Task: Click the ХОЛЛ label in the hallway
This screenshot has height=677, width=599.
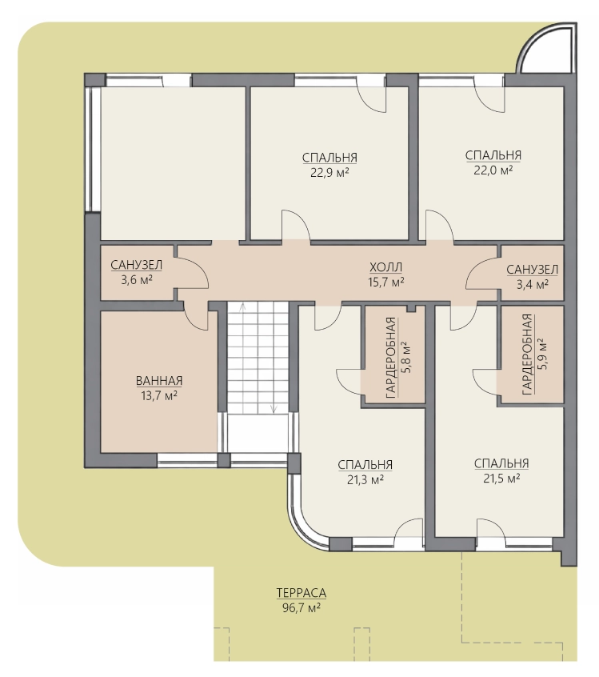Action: [x=385, y=268]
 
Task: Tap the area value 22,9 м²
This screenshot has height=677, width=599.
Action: [x=329, y=173]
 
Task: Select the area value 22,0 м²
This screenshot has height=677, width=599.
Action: [x=493, y=170]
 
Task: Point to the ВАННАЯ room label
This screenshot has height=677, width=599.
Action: [x=159, y=381]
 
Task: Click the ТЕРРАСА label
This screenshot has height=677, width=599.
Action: [x=301, y=593]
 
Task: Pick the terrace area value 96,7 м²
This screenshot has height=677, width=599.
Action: [x=301, y=608]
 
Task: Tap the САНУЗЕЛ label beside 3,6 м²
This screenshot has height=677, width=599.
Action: [x=137, y=265]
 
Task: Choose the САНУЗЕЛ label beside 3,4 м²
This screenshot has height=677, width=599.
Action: [x=532, y=270]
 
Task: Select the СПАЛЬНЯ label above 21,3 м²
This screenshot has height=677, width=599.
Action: [x=365, y=465]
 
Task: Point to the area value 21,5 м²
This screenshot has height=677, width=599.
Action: [x=501, y=479]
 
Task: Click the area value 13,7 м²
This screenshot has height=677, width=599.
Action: [x=159, y=396]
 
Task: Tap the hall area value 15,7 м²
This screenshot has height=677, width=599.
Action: [x=385, y=282]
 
